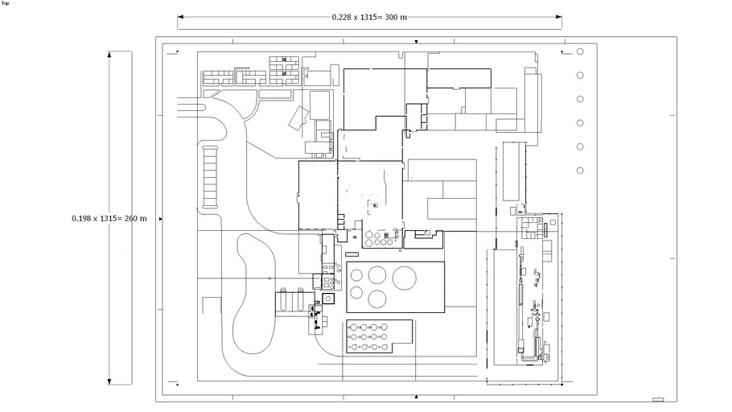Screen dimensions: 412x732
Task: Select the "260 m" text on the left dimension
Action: [135, 218]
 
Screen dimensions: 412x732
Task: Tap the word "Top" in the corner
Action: [5, 3]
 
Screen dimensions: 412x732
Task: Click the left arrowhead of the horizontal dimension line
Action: [180, 16]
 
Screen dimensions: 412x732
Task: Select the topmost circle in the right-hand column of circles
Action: [580, 52]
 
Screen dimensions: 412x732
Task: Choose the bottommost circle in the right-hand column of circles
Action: [580, 171]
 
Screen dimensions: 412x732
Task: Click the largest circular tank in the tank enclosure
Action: [404, 278]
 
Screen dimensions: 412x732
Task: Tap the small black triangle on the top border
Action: [416, 40]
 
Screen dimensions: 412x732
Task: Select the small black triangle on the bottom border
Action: [416, 397]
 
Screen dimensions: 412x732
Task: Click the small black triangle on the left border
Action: [161, 218]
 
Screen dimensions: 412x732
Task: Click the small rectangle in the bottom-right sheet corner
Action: [658, 399]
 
